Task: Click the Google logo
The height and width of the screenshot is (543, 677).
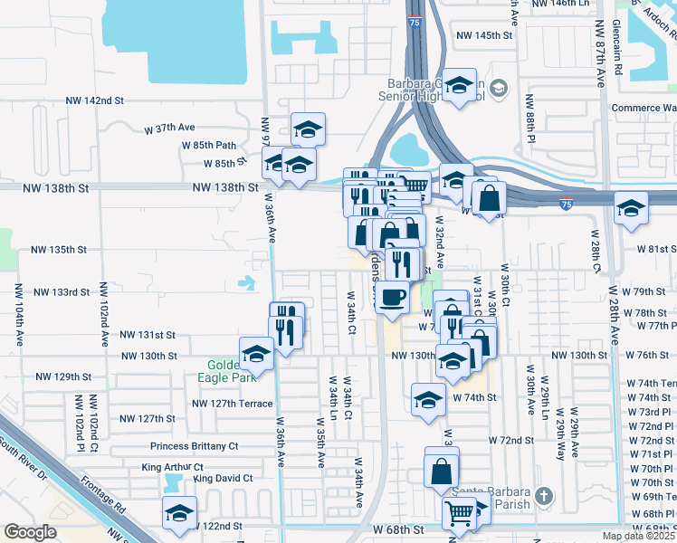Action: click(30, 532)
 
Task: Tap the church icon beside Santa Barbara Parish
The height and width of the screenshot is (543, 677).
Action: click(543, 496)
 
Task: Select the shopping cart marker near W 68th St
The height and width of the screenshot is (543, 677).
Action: click(460, 512)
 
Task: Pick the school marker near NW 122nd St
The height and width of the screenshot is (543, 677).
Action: click(179, 512)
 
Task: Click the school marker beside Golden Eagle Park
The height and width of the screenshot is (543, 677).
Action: click(256, 354)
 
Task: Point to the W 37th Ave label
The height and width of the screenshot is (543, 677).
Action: click(170, 129)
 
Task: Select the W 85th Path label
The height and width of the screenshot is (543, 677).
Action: click(209, 145)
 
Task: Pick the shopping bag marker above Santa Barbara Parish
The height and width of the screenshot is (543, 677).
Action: click(442, 471)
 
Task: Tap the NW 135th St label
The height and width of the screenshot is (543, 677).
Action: click(59, 249)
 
